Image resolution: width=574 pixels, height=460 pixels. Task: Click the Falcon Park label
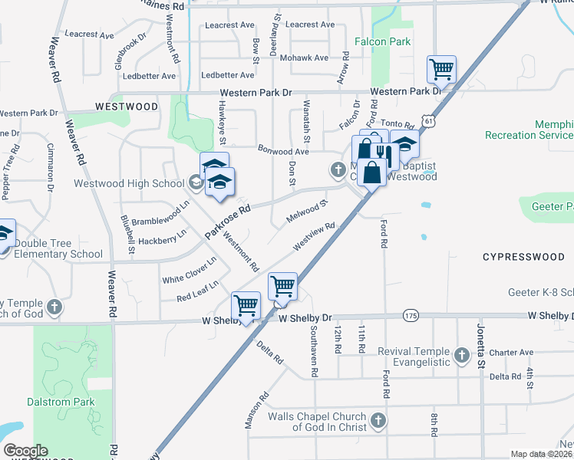click(x=383, y=42)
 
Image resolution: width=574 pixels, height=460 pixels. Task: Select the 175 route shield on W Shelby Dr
click(x=411, y=315)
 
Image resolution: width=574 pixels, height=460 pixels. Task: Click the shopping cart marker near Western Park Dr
click(x=442, y=70)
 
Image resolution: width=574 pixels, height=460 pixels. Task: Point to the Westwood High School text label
click(x=129, y=183)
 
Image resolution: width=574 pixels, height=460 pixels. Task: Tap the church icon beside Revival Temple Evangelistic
click(x=461, y=356)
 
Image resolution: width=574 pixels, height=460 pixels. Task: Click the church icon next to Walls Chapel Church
click(x=377, y=420)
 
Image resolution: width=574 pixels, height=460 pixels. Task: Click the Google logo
click(x=25, y=451)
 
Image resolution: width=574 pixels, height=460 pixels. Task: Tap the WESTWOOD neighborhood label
click(x=126, y=107)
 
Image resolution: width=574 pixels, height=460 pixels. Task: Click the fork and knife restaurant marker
click(x=384, y=154)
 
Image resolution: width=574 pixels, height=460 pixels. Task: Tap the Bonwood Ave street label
click(x=283, y=151)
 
